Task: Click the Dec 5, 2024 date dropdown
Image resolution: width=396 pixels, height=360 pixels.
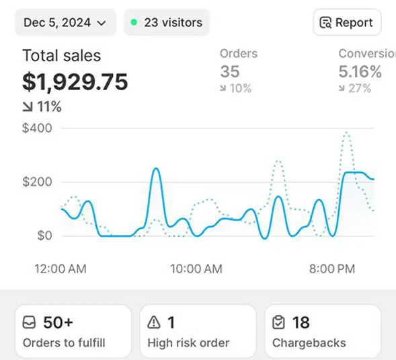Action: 65,23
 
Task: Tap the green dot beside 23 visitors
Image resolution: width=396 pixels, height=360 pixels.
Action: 134,22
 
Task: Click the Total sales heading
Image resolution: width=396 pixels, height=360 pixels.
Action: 62,56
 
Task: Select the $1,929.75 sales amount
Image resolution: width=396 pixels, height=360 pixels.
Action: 75,81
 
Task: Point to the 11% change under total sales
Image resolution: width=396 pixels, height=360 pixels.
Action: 42,106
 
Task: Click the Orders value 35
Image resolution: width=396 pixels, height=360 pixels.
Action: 230,71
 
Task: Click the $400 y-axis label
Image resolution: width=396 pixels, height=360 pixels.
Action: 37,128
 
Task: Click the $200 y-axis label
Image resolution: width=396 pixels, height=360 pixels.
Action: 37,182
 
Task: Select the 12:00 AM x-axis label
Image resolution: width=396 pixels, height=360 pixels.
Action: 61,269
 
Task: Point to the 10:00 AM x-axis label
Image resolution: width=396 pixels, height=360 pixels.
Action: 196,269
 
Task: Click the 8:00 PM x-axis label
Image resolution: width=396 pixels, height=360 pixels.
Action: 332,269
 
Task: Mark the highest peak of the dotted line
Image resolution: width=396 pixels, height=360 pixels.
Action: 347,133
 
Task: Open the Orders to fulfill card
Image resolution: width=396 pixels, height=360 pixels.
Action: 73,331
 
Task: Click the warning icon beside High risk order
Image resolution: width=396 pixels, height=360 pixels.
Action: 154,322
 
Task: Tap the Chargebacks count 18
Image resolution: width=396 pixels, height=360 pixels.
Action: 301,322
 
